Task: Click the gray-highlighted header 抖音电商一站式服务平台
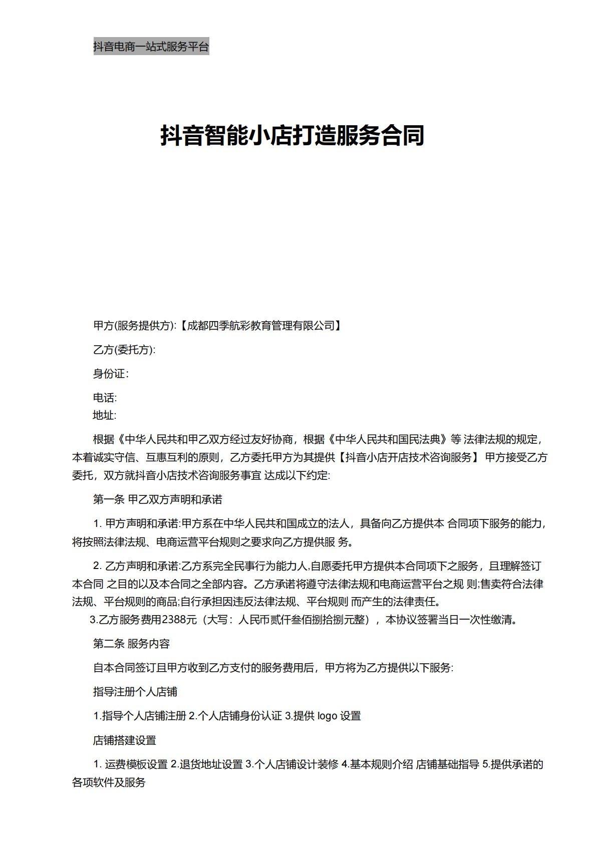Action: (x=151, y=47)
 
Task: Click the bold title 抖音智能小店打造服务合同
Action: (x=292, y=135)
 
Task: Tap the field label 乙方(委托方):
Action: (x=124, y=350)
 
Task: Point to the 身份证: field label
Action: (x=111, y=374)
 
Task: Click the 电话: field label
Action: (x=105, y=398)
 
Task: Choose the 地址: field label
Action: (x=105, y=415)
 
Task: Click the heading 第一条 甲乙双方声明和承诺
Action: (x=158, y=499)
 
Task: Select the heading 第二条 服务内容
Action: (x=132, y=644)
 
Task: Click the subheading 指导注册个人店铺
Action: (x=135, y=692)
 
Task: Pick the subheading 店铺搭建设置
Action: (x=125, y=740)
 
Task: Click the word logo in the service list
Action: (x=327, y=716)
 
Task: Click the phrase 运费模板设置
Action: (x=136, y=764)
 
